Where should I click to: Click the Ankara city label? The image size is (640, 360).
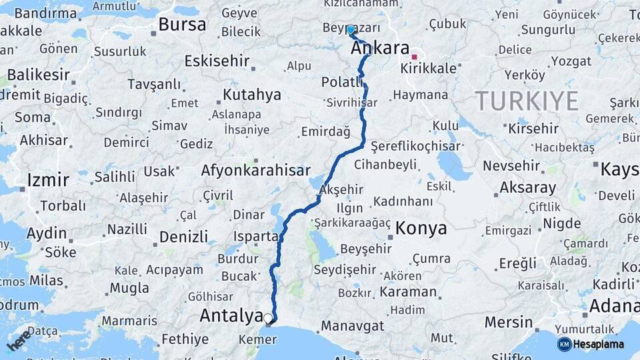coord(379,48)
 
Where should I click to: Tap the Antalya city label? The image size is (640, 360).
coord(231,315)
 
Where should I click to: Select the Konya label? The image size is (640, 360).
coord(421,229)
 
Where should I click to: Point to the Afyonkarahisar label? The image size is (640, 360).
coord(256,171)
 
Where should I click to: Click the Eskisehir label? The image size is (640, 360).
coord(217,61)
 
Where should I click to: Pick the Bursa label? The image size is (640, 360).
coord(182,25)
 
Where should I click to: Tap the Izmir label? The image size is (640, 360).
coord(47,180)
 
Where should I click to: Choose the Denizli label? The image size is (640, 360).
coord(183,236)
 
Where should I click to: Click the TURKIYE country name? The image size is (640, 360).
coord(527,101)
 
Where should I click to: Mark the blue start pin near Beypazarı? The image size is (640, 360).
coord(351,30)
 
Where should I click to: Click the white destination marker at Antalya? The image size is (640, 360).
coord(268,319)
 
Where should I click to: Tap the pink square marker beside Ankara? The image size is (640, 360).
coord(414,57)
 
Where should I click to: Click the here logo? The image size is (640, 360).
coord(19,339)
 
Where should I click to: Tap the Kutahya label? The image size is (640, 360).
coord(252,95)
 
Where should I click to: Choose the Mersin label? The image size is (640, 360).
coord(509,322)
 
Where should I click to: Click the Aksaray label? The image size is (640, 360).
coord(527,187)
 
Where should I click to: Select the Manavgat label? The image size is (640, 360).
coord(353,326)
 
